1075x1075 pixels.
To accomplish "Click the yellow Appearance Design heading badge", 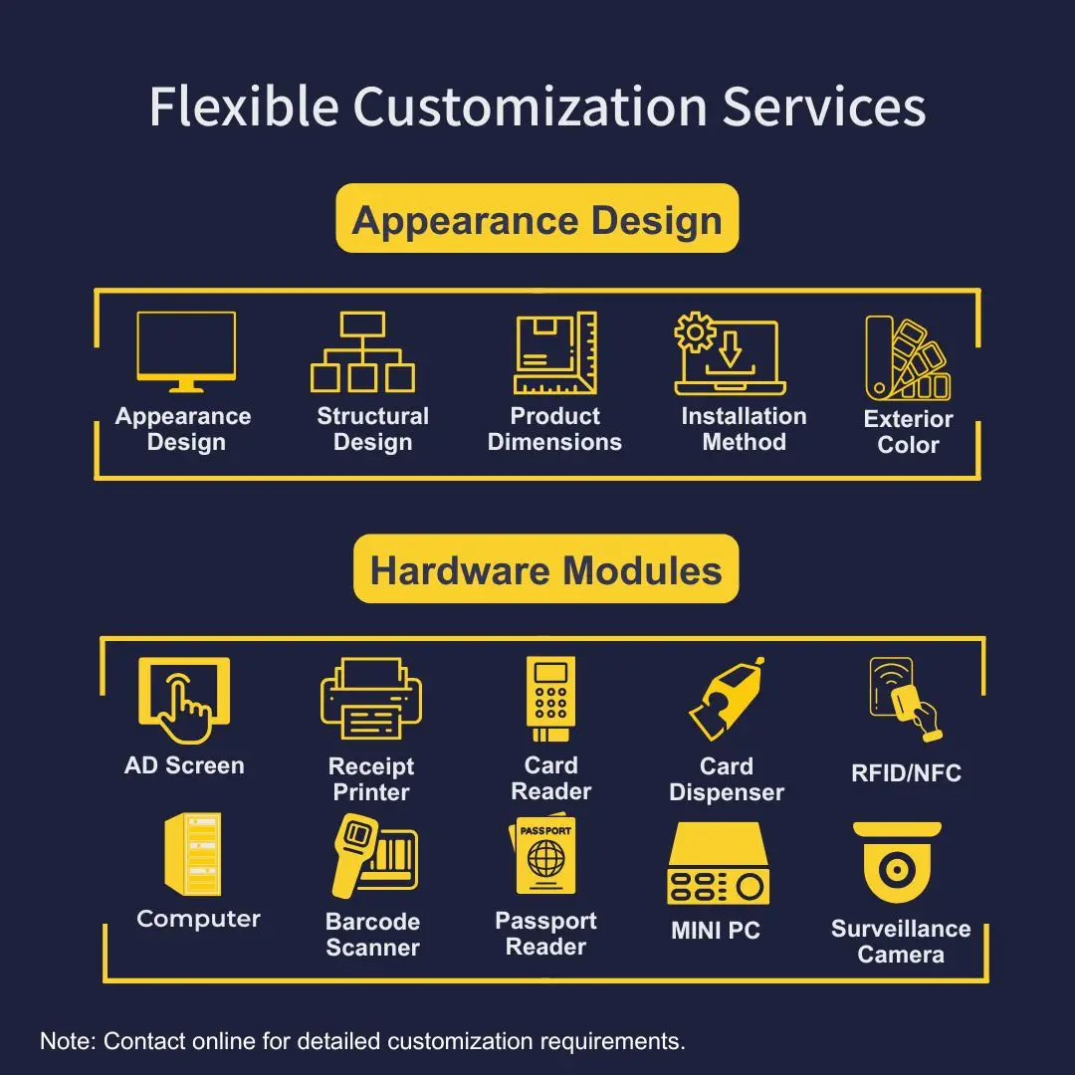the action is (x=537, y=219).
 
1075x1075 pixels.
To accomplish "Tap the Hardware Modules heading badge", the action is (x=545, y=569).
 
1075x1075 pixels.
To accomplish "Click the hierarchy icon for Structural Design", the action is (x=362, y=352).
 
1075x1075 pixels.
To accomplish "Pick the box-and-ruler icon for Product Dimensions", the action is (x=554, y=353).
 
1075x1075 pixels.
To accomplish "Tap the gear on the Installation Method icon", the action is (x=694, y=332).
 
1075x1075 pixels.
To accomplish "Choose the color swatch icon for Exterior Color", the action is (x=906, y=358).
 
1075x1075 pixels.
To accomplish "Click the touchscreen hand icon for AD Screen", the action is (x=184, y=699).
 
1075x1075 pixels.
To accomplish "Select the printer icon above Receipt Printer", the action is (x=371, y=699).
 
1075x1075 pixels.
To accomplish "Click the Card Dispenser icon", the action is (x=728, y=699).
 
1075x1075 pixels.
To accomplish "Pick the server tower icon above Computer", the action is (x=193, y=854).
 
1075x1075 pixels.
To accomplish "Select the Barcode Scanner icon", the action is (x=373, y=856).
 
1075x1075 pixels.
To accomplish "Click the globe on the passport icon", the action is (x=545, y=857).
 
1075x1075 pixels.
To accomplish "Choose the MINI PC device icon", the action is (x=718, y=863).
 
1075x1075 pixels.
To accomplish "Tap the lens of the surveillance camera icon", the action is (x=897, y=871).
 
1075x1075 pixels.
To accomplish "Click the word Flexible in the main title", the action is (x=242, y=107).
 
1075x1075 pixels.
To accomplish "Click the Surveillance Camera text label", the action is (x=901, y=942).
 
